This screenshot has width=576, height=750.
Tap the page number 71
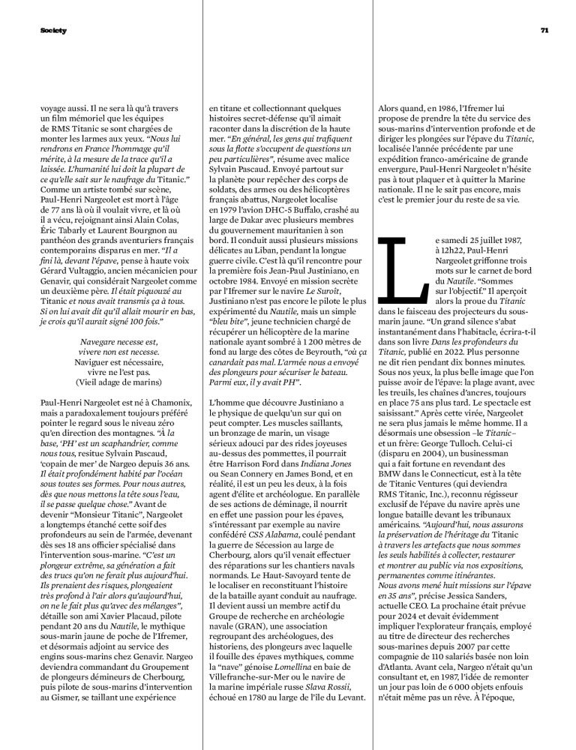545,30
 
